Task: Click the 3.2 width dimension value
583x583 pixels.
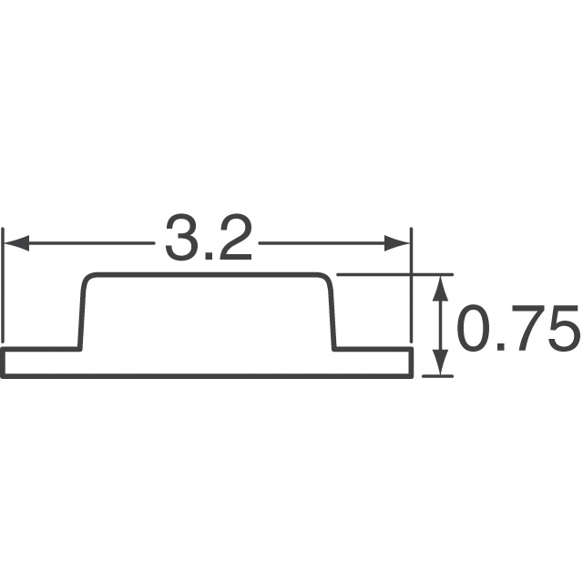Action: [x=208, y=239]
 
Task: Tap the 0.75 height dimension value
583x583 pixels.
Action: [x=517, y=330]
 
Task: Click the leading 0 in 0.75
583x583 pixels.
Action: [x=472, y=330]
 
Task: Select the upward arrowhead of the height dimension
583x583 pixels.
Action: [x=442, y=287]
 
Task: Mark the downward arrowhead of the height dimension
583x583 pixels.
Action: [x=442, y=362]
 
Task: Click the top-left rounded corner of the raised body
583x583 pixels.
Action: [x=88, y=279]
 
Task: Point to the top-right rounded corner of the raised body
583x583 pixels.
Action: [x=326, y=279]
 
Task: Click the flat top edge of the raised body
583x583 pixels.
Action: [x=208, y=274]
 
